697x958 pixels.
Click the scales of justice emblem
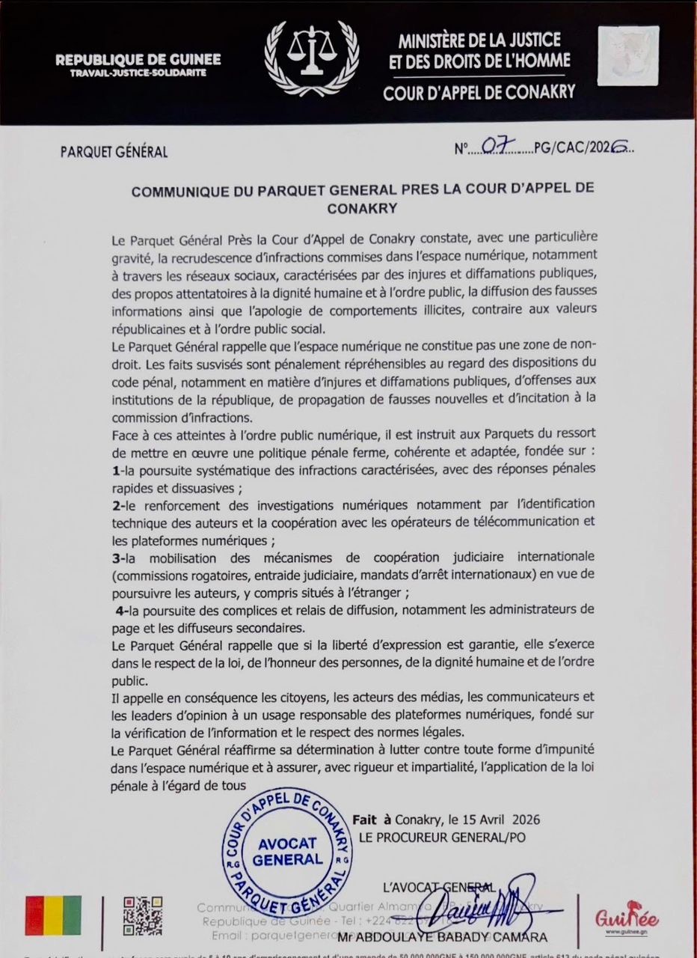click(x=312, y=58)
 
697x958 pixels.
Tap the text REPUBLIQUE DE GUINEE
click(x=138, y=60)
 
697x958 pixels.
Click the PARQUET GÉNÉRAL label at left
click(x=114, y=153)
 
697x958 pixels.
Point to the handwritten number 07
click(x=496, y=147)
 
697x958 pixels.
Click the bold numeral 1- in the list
click(x=117, y=469)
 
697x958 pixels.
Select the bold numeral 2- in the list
click(x=117, y=504)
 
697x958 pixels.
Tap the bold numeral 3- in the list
click(x=117, y=557)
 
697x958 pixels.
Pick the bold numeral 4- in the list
click(x=122, y=610)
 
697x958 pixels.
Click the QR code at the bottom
click(x=142, y=915)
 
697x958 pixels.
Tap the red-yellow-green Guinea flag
click(x=53, y=915)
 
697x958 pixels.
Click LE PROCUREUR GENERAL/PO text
click(x=441, y=837)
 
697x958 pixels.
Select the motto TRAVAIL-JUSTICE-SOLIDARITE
click(x=138, y=73)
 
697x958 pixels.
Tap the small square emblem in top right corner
click(x=628, y=56)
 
